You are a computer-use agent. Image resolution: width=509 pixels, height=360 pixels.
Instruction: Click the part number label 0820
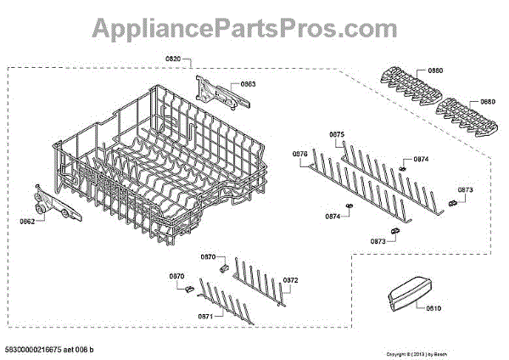pos(173,57)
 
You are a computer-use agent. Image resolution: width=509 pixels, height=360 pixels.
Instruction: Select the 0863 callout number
pos(249,84)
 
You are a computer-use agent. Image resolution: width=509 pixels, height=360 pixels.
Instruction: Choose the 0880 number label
pos(487,102)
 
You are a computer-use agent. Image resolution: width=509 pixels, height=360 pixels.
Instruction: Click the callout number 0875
pos(337,134)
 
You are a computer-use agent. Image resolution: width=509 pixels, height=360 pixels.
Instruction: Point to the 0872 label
pos(290,279)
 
